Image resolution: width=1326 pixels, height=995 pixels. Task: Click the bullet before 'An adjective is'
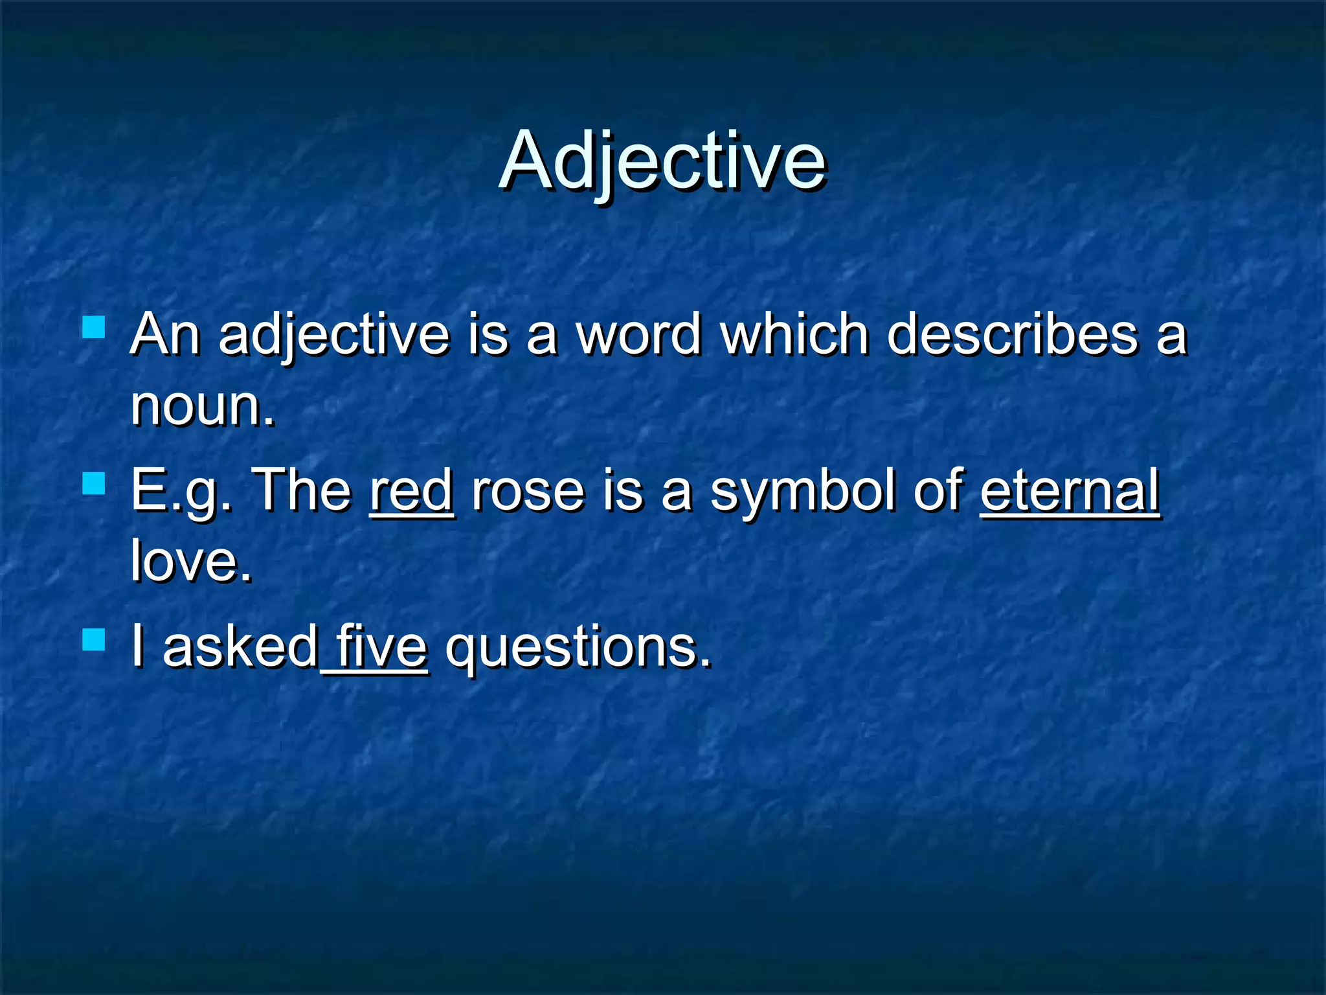point(94,327)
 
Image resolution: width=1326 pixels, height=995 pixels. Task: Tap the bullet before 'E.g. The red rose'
point(94,483)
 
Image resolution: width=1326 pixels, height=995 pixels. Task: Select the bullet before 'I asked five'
point(94,639)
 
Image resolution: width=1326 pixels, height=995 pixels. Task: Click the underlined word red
point(412,491)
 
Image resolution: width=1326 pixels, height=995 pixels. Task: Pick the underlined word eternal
point(1070,491)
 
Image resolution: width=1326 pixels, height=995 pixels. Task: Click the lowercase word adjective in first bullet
point(334,336)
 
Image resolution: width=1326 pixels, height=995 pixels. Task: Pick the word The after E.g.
point(302,491)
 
